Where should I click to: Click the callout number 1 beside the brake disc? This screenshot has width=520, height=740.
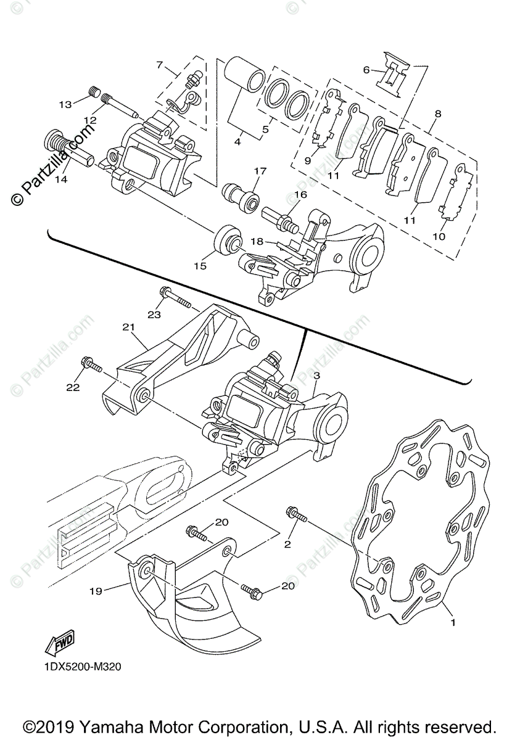[453, 623]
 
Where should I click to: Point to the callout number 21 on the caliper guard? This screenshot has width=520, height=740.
[128, 327]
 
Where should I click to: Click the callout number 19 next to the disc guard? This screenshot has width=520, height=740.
[95, 590]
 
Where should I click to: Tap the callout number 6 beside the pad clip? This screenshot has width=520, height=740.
[366, 70]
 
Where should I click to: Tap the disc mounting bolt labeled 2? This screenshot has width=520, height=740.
[297, 513]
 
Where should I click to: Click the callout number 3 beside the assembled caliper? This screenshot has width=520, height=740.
[316, 375]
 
